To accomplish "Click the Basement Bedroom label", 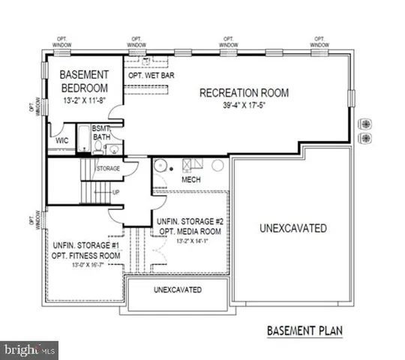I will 85,80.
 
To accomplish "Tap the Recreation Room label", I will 244,93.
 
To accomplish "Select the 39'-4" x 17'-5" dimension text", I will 244,106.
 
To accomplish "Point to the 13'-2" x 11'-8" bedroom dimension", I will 85,98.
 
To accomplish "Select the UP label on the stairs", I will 115,192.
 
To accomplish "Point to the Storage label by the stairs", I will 109,169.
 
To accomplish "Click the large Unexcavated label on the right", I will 292,228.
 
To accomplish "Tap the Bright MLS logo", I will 28,349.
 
